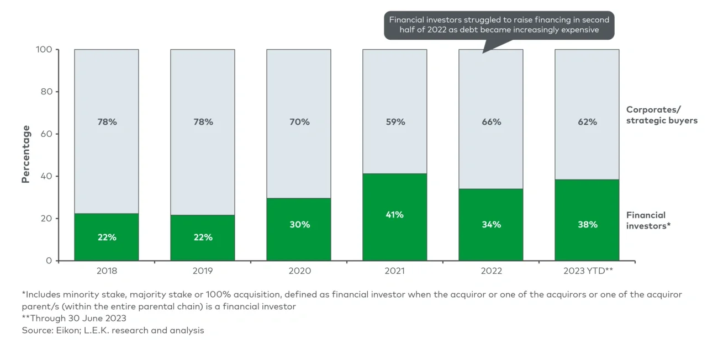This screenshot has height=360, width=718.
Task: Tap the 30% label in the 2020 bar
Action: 299,225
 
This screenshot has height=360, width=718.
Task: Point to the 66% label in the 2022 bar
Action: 491,122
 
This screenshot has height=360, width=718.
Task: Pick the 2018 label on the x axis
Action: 107,271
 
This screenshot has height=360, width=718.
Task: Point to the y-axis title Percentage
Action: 25,154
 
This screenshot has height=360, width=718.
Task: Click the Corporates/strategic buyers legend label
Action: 661,115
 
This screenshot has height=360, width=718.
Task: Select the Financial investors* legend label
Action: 648,220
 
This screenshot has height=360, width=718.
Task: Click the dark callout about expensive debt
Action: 499,25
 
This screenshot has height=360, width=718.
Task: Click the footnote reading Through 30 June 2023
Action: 74,318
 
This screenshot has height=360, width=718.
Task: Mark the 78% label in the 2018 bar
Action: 107,122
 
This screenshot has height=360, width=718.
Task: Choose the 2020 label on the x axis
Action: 299,271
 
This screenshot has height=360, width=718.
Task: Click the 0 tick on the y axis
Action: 49,261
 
